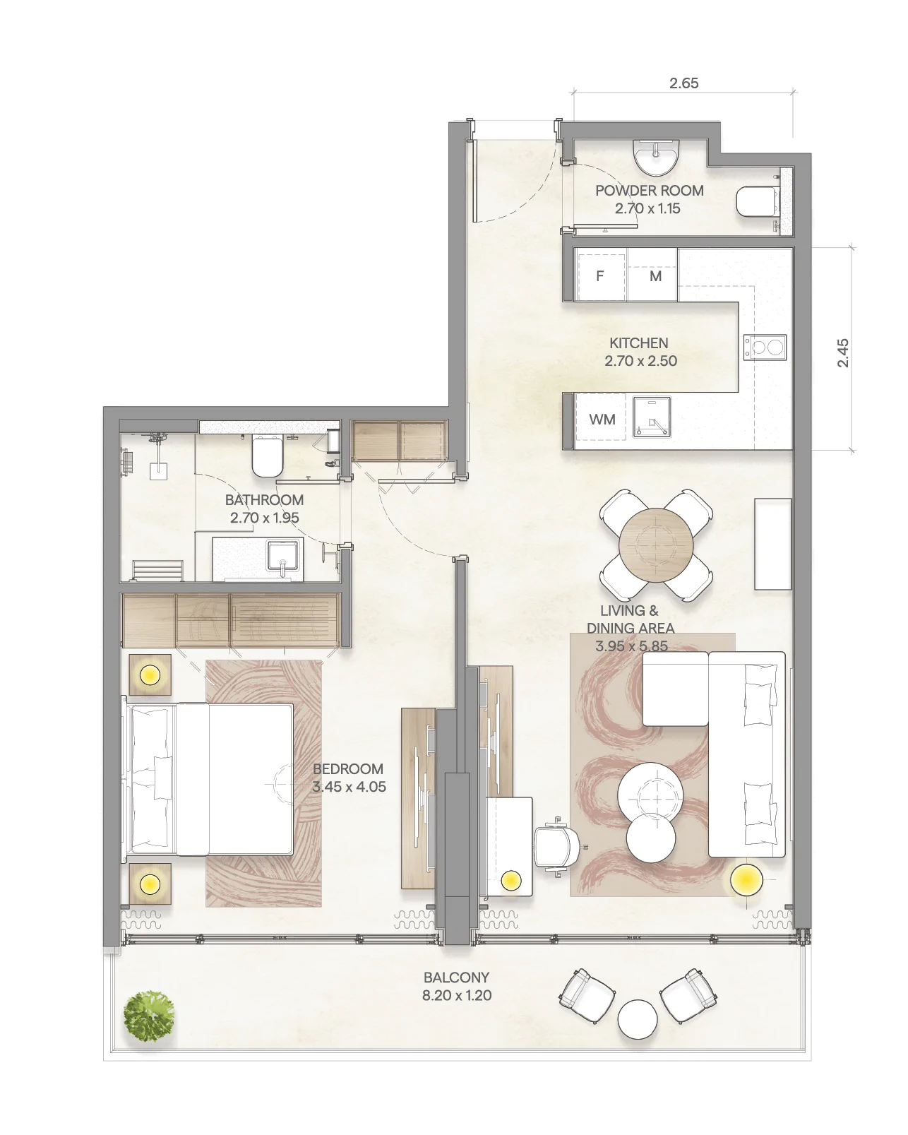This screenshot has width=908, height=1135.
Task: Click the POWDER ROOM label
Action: tap(649, 191)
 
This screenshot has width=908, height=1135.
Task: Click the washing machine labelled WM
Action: tap(601, 420)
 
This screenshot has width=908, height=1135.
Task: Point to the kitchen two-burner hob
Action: tap(765, 347)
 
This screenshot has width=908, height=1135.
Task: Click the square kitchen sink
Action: tap(652, 417)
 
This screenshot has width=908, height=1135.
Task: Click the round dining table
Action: tap(656, 545)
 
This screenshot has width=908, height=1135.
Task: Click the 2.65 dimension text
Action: tap(684, 83)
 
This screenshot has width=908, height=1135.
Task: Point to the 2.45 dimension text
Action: tap(842, 353)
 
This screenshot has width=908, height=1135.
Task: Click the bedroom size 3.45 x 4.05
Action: tap(349, 786)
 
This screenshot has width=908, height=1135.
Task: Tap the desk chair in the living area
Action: tap(557, 845)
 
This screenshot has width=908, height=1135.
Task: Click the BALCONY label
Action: tap(457, 977)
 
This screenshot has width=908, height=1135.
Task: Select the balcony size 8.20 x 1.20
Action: tap(457, 995)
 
